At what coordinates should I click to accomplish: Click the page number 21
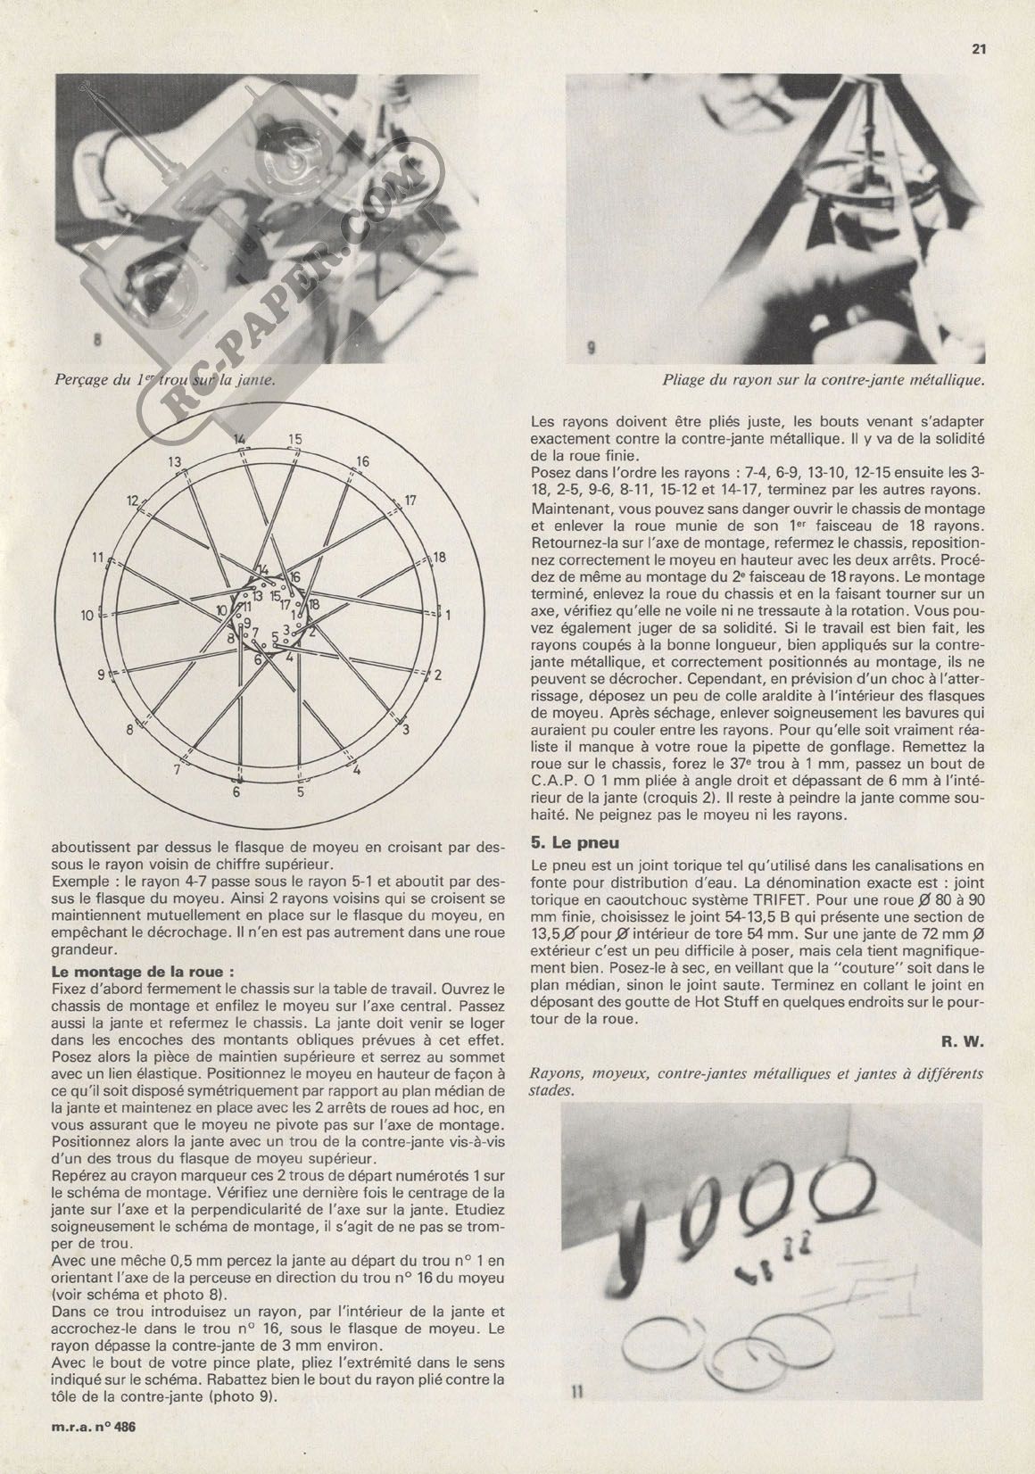(x=977, y=49)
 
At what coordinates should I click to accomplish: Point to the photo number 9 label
(x=591, y=351)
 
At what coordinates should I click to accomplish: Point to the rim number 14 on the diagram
(x=239, y=439)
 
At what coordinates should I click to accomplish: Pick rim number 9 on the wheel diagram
(x=102, y=674)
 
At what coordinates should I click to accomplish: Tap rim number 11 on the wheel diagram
(x=98, y=559)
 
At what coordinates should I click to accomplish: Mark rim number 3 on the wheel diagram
(x=406, y=731)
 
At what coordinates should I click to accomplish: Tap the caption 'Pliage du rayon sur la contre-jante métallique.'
(x=823, y=379)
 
